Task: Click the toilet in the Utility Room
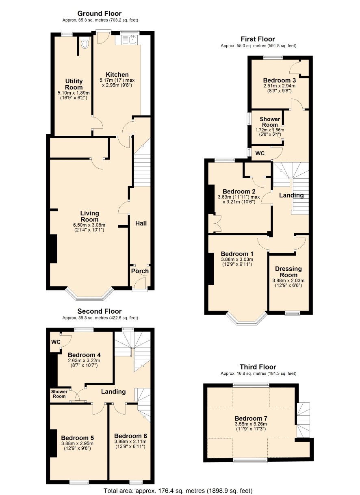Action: [84, 43]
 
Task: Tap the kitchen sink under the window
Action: [132, 40]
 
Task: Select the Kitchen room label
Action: [117, 75]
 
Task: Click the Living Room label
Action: [89, 216]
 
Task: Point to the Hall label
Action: [141, 223]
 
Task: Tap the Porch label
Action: [140, 271]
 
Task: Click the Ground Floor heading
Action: [99, 13]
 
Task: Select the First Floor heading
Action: [258, 39]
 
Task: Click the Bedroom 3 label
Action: [279, 80]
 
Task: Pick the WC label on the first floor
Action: [260, 153]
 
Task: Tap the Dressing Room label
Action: [288, 272]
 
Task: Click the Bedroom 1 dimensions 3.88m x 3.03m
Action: [237, 259]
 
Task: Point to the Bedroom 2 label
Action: [239, 191]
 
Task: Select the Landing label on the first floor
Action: [291, 195]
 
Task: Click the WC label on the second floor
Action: [56, 342]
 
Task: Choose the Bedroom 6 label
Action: [130, 436]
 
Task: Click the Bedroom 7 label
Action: [251, 418]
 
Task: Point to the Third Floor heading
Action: [258, 367]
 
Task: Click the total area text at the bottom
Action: [178, 491]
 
